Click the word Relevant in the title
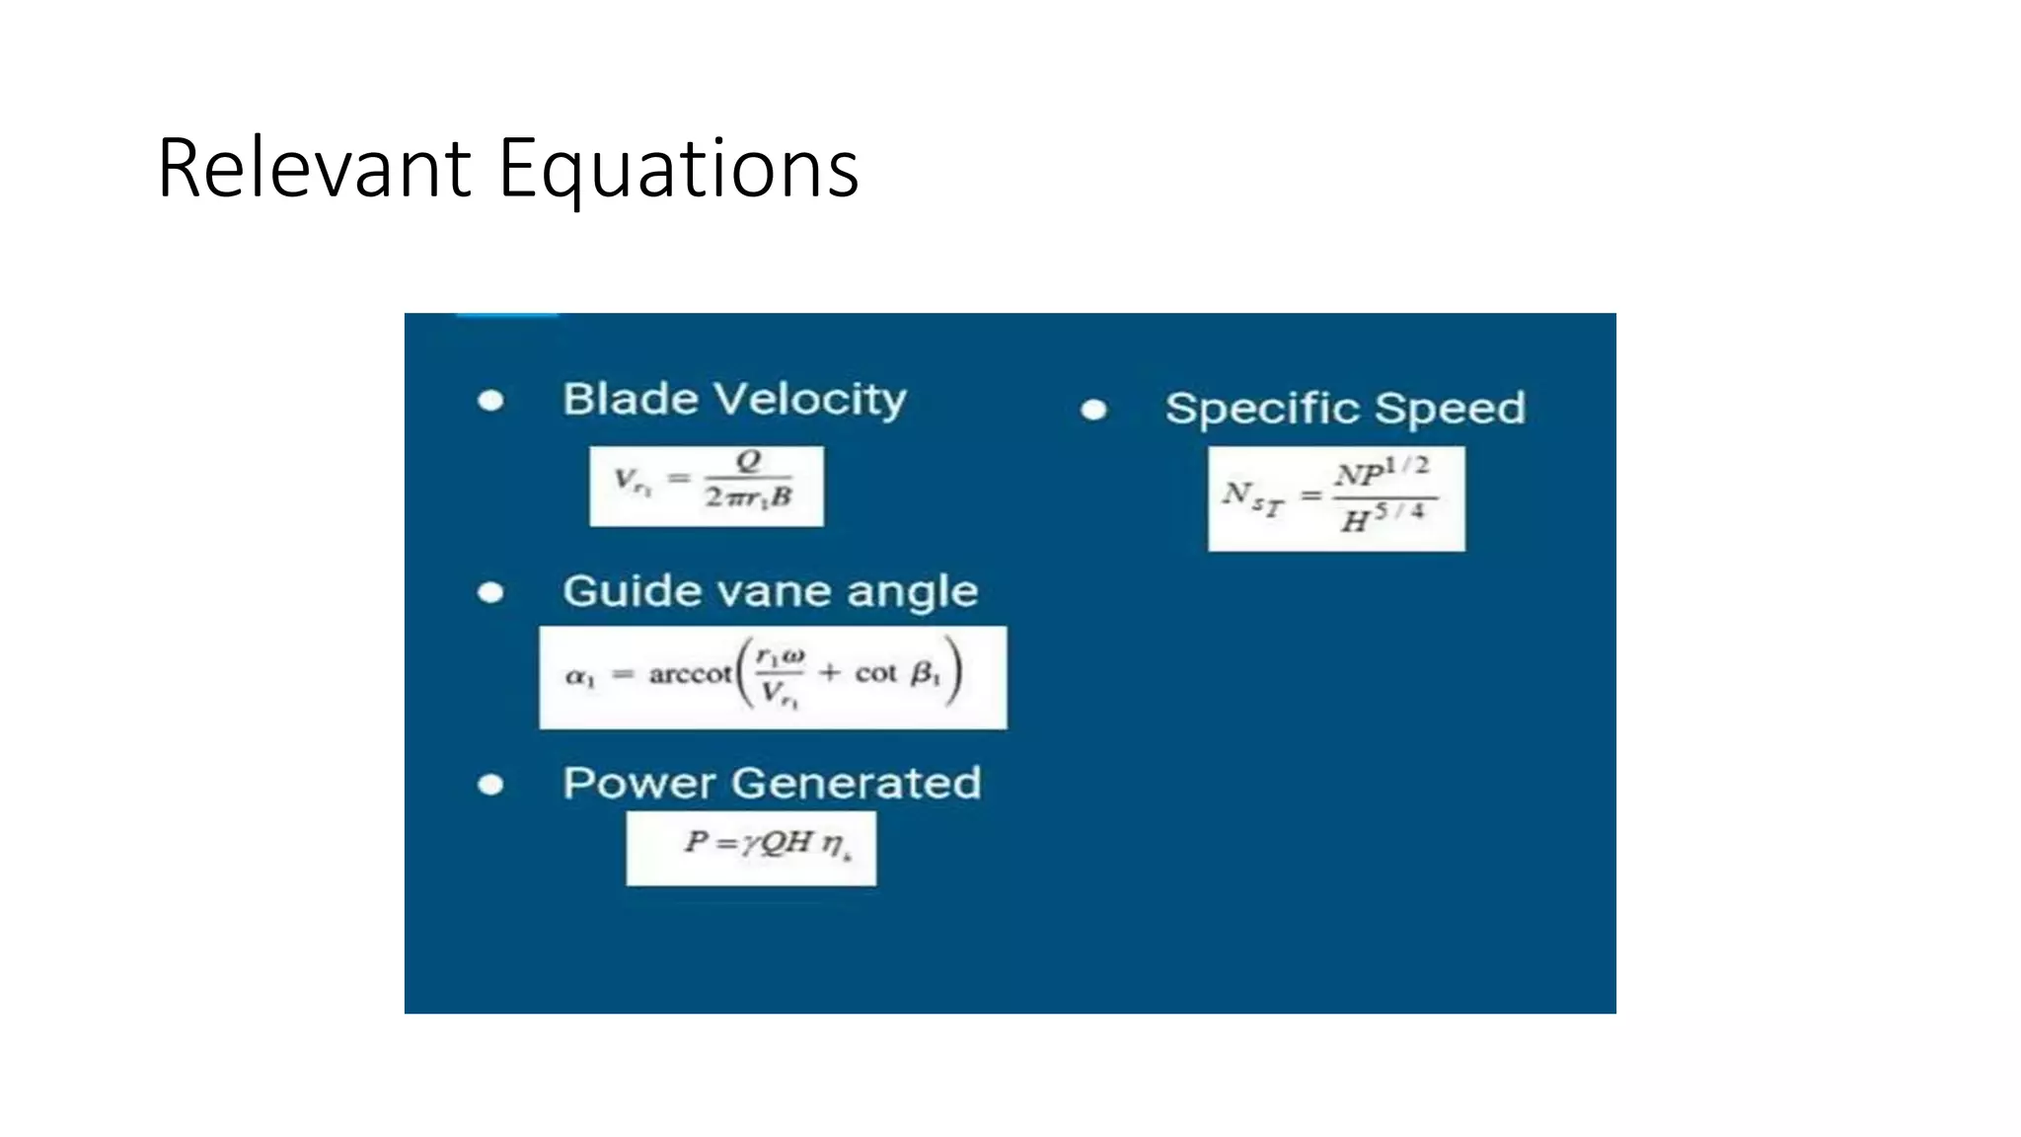point(314,169)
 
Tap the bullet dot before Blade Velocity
point(490,401)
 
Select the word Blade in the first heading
point(630,399)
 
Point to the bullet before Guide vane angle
point(490,592)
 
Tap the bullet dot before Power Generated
point(490,785)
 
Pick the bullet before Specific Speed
point(1093,410)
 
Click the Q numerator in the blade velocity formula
point(749,461)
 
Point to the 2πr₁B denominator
point(748,497)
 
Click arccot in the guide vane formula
point(690,675)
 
